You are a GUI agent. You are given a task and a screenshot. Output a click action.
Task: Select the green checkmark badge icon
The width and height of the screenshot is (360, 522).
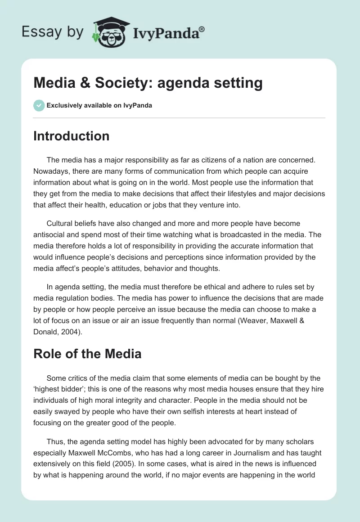(x=39, y=105)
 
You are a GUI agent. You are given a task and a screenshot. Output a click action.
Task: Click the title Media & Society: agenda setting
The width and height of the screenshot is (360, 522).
(x=148, y=83)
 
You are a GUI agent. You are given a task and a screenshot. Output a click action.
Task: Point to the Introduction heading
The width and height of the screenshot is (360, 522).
(x=71, y=136)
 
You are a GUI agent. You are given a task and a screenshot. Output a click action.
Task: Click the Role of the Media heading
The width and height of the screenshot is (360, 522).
(x=87, y=354)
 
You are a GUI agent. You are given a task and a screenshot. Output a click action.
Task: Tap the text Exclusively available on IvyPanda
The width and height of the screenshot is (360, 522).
(x=99, y=106)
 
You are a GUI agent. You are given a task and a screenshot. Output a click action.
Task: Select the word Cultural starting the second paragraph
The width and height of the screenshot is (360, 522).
(x=61, y=223)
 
